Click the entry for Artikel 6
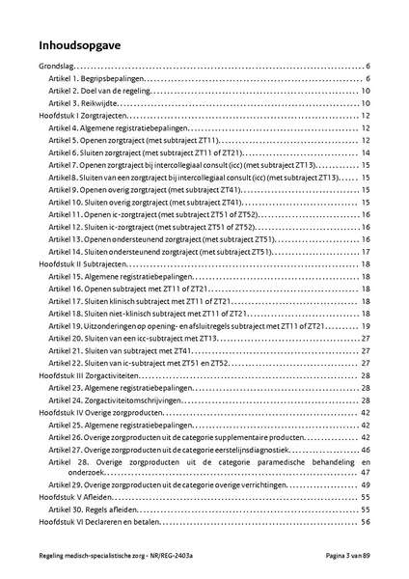145,152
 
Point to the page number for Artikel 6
367,152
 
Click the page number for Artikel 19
367,325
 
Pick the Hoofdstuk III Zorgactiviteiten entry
94,374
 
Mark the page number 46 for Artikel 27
367,449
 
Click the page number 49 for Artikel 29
367,484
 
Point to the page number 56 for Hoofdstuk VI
367,522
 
